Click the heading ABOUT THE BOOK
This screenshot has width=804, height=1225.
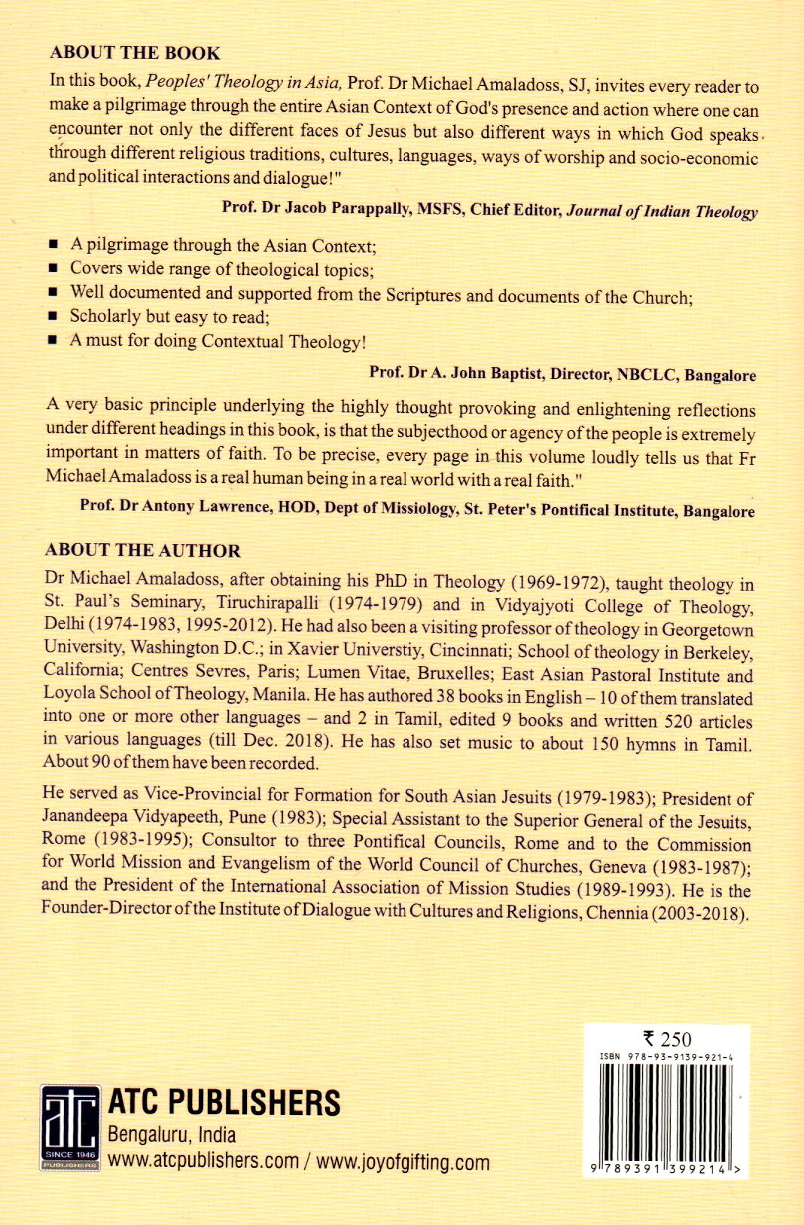(x=135, y=53)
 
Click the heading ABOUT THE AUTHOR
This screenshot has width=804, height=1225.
(x=142, y=550)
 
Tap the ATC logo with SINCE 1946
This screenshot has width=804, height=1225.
(x=69, y=1127)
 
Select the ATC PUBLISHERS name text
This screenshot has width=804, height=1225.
(x=224, y=1103)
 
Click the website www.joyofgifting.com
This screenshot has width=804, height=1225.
(x=403, y=1162)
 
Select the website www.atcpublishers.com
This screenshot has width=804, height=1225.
(x=203, y=1161)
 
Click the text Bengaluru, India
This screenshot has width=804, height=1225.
(x=172, y=1135)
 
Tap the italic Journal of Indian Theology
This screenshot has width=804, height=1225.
(x=662, y=212)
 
